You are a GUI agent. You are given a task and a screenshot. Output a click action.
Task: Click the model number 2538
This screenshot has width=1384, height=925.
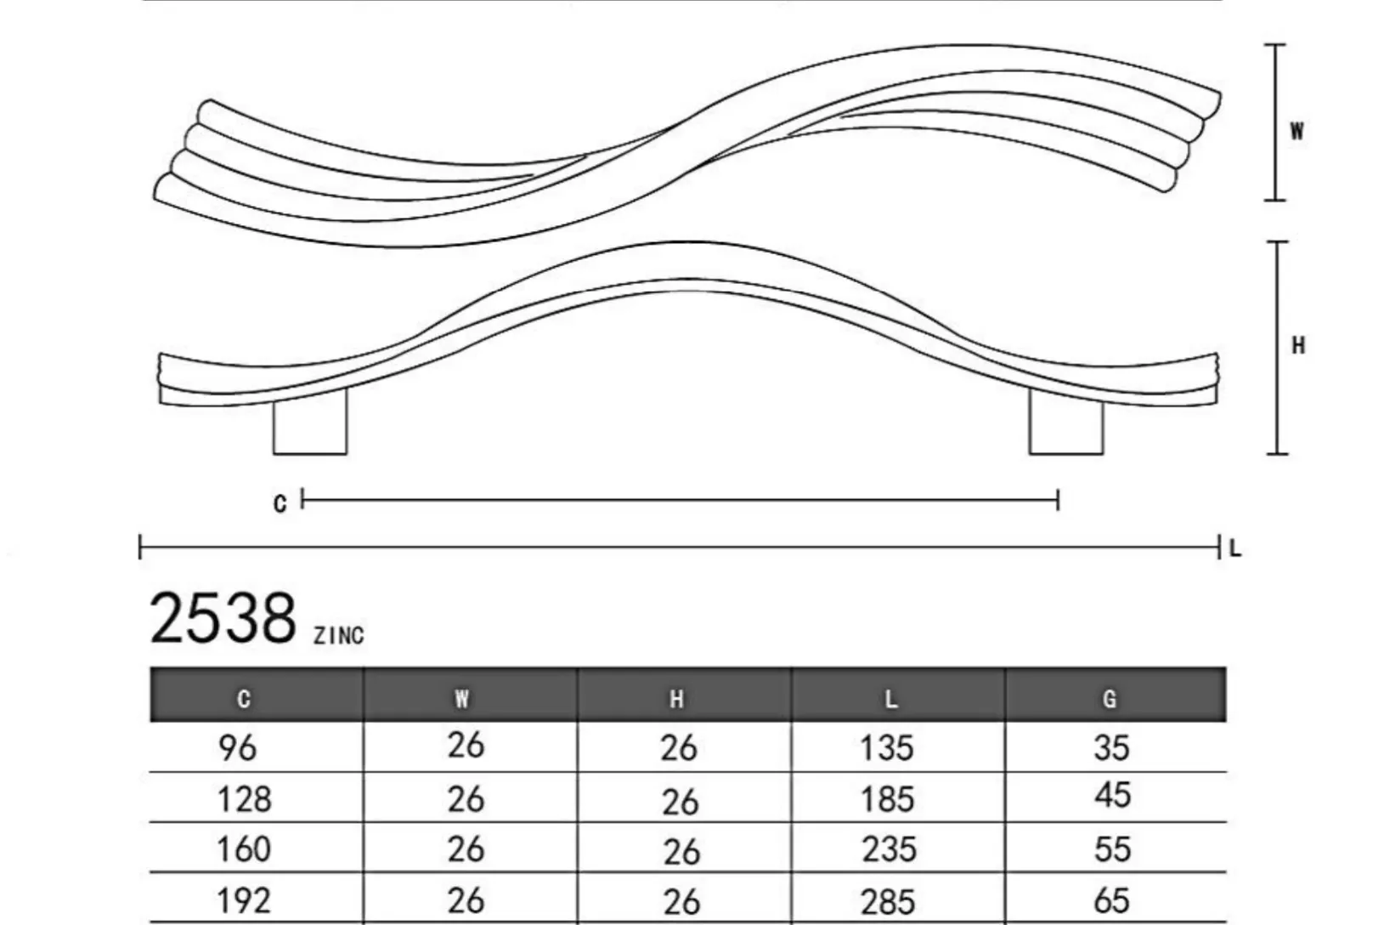(x=223, y=618)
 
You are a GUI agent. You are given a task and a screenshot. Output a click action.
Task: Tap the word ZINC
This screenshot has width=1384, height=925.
(x=339, y=636)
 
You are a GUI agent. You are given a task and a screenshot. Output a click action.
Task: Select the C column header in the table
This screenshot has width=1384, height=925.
(x=244, y=699)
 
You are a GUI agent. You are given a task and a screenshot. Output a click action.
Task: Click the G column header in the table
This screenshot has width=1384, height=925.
(x=1110, y=699)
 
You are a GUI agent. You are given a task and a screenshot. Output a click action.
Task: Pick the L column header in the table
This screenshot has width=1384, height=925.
(x=890, y=699)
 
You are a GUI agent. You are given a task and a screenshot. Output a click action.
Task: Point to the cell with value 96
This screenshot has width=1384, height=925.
(x=237, y=747)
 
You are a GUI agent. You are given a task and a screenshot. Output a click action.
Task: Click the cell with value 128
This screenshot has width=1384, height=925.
(x=244, y=799)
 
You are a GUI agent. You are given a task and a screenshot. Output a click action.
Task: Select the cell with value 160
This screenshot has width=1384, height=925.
(x=244, y=849)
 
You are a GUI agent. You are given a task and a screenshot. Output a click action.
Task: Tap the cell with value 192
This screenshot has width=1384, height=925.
(x=244, y=901)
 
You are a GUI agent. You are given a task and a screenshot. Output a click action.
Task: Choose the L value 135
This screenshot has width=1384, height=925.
(x=887, y=747)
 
